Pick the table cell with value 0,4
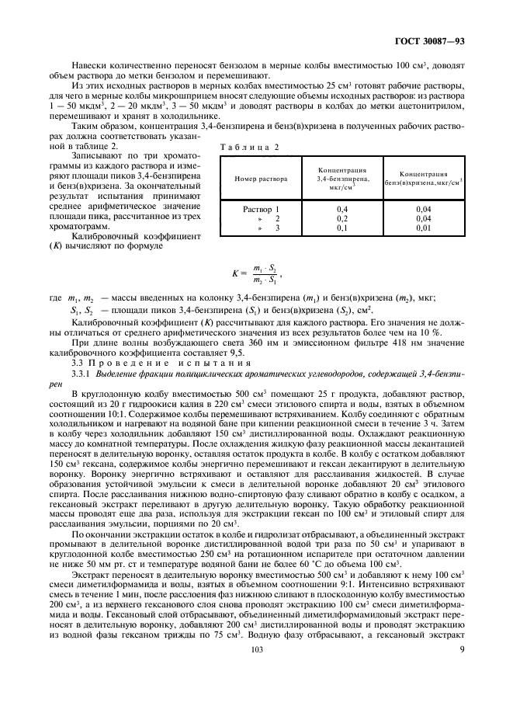coord(341,210)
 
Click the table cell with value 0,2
coord(341,219)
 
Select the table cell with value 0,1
coord(341,228)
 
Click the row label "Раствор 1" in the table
coord(261,210)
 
